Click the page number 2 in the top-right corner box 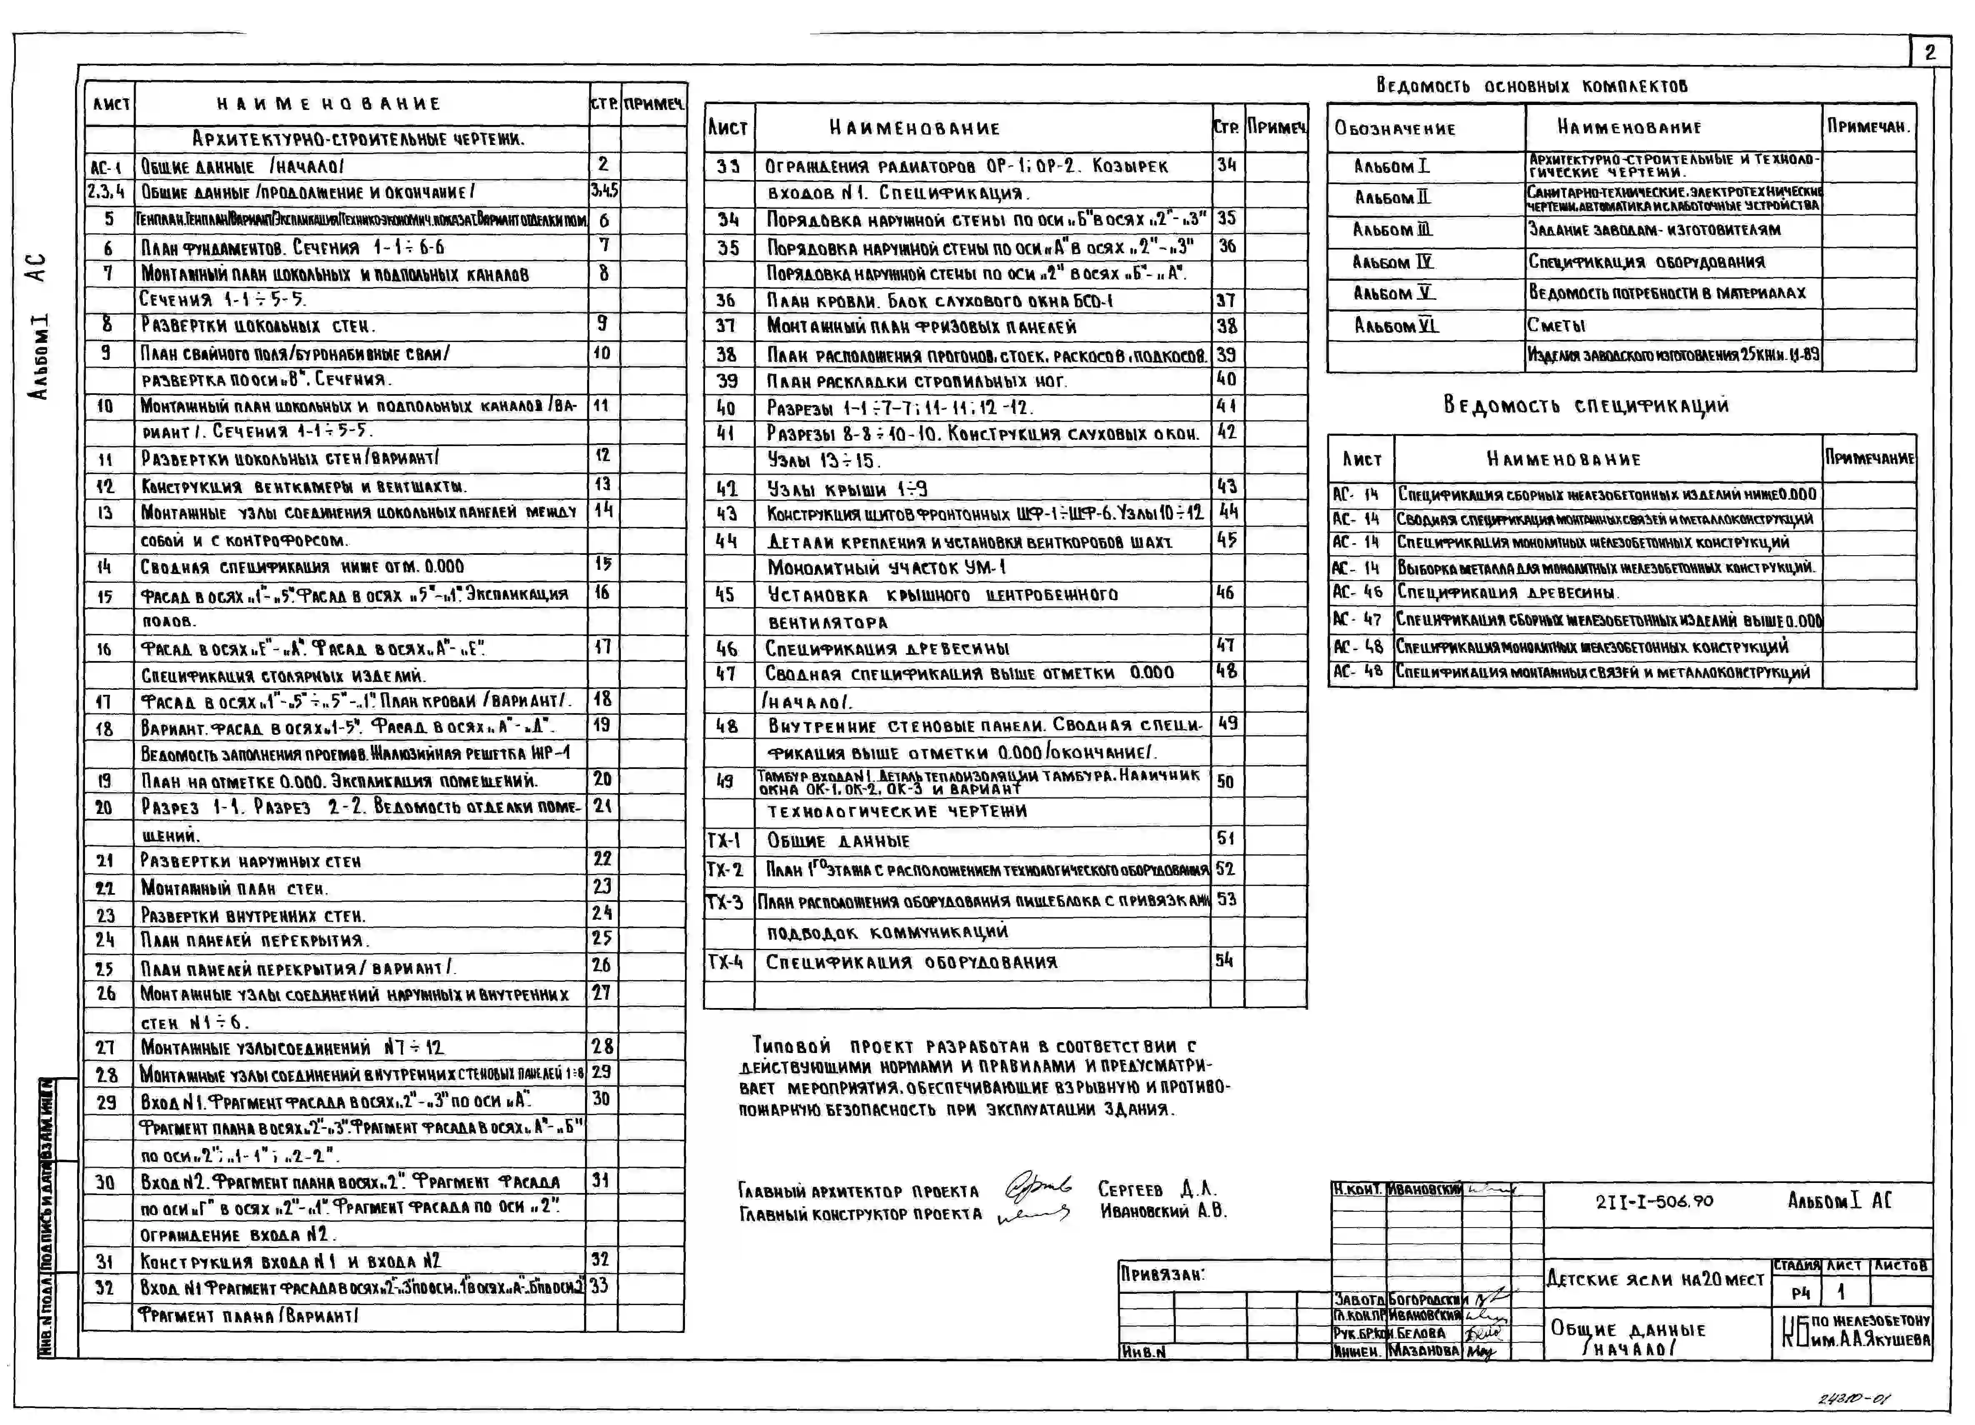coord(1929,52)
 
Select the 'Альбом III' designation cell coord(1392,230)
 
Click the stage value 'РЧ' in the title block coord(1800,1293)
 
